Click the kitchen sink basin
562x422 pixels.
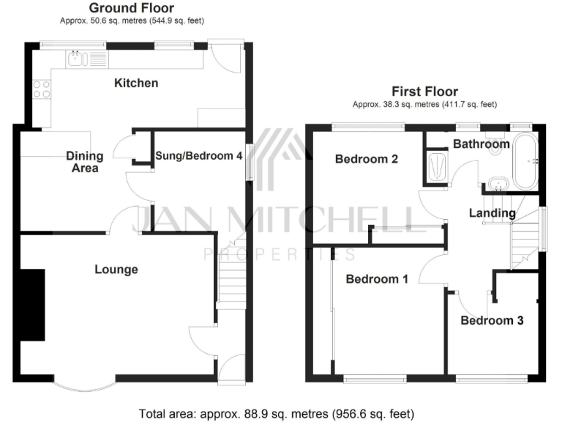(76, 59)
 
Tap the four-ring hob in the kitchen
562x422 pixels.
(42, 89)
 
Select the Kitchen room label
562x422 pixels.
(135, 83)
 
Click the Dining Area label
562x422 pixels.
(85, 162)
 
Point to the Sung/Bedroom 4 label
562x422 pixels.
(198, 155)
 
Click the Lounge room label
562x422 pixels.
(116, 270)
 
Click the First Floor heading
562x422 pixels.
(424, 92)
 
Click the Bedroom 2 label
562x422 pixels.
(367, 158)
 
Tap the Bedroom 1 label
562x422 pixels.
(377, 279)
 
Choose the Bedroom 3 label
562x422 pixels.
(492, 320)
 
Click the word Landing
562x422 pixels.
(492, 213)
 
